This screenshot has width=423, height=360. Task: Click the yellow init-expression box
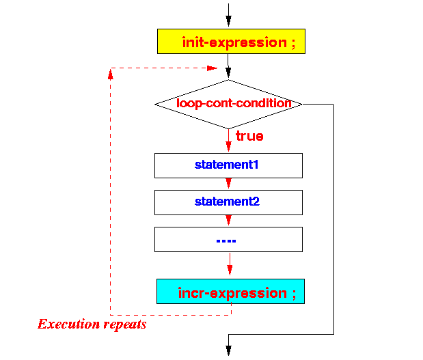231,41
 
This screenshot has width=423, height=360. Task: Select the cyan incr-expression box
231,291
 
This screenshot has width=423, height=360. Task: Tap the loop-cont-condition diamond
228,104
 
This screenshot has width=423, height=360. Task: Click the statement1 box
228,165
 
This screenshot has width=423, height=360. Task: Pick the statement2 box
228,202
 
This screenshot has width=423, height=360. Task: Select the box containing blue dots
228,240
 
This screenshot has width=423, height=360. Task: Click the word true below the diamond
249,136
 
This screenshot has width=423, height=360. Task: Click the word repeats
125,324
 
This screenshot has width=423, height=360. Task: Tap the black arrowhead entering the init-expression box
228,21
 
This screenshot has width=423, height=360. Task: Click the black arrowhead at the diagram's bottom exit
228,350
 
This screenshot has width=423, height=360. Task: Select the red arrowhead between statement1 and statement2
228,183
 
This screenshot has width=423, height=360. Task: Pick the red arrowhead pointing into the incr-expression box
230,270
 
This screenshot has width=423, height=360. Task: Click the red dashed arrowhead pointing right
212,68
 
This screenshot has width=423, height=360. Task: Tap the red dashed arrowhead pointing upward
110,74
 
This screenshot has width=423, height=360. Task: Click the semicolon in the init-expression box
294,44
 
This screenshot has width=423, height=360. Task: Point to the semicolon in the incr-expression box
294,294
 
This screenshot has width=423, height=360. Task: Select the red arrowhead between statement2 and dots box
228,220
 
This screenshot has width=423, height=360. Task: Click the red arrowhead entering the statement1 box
228,146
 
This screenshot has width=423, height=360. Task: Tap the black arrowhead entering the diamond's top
228,73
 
